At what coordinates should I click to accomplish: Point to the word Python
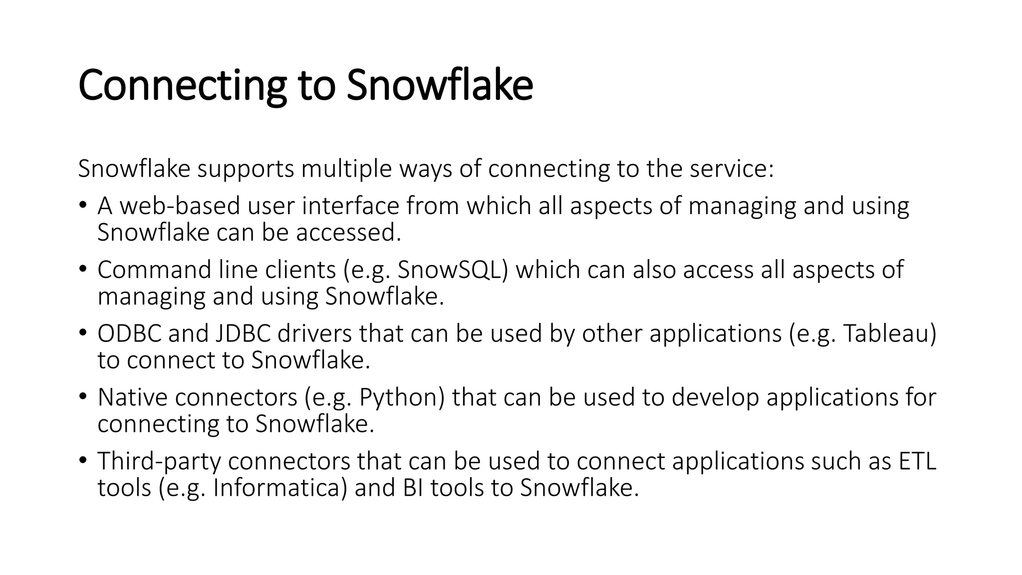click(401, 398)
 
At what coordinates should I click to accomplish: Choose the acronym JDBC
click(243, 334)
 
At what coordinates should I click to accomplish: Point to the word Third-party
click(159, 461)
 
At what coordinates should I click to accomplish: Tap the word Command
click(154, 270)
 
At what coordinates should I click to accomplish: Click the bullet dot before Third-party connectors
click(83, 459)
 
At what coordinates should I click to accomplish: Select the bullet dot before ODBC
click(83, 332)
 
